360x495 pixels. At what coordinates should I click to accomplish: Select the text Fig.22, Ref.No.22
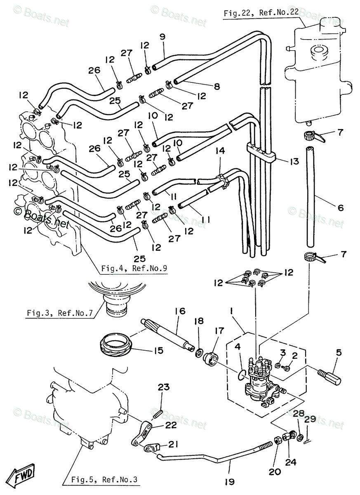[261, 13]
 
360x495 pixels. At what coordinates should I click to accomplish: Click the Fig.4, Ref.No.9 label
[134, 268]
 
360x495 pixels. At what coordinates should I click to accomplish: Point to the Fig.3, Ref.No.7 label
[60, 313]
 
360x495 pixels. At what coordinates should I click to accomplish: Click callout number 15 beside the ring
[158, 350]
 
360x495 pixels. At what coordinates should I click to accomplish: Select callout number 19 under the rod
[229, 481]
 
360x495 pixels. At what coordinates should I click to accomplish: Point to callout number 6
[341, 207]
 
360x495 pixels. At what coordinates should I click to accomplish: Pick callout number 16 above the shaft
[180, 311]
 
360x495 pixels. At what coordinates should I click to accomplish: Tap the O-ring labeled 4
[242, 374]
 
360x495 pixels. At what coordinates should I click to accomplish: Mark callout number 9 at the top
[162, 37]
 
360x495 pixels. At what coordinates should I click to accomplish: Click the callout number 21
[173, 449]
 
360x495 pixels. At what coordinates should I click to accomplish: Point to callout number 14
[220, 151]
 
